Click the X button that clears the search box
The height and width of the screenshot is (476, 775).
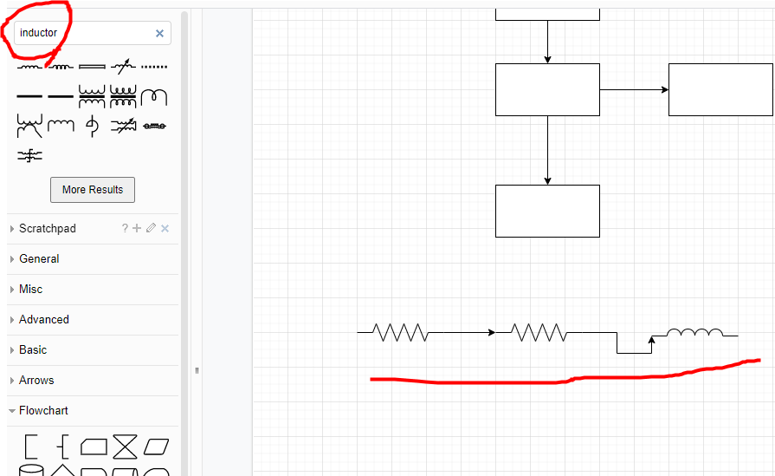click(159, 33)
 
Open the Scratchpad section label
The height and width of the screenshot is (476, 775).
click(48, 229)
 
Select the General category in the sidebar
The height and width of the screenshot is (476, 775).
click(39, 259)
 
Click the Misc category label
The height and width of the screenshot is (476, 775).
click(30, 290)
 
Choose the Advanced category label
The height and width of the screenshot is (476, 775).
click(43, 320)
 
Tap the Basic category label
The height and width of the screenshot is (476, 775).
click(33, 350)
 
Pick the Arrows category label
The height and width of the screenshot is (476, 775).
click(36, 381)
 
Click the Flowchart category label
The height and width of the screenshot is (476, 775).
click(43, 411)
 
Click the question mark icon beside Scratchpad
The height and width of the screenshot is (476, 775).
click(125, 229)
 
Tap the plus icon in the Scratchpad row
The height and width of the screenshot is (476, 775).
click(137, 229)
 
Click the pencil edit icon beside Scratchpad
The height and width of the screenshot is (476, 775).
click(152, 229)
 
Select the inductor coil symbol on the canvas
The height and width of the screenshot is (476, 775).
click(694, 332)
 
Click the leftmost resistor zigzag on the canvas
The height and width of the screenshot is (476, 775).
click(401, 332)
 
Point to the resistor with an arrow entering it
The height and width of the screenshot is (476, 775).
click(539, 332)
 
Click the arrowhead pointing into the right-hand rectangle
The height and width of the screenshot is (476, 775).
click(664, 89)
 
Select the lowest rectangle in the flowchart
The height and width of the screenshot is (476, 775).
click(547, 211)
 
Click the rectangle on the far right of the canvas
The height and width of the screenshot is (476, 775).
click(720, 89)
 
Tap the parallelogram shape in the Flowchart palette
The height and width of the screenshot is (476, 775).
click(157, 447)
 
